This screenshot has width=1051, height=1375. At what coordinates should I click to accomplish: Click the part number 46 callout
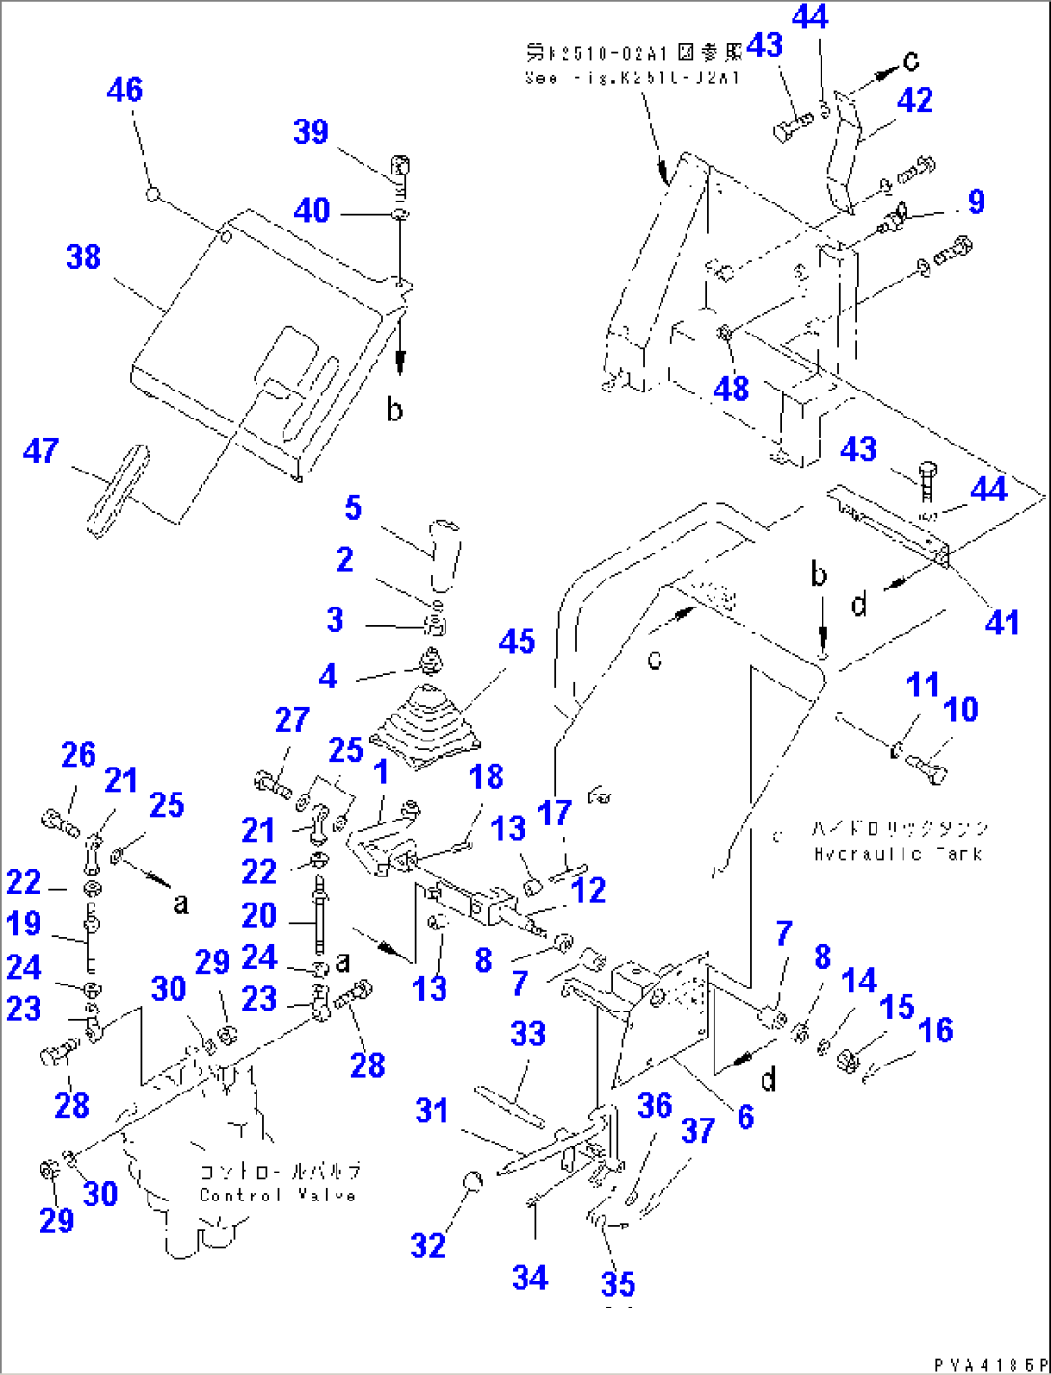pyautogui.click(x=124, y=90)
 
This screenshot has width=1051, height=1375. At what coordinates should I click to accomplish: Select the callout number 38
pyautogui.click(x=84, y=257)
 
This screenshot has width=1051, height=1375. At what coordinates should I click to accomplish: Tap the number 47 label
pyautogui.click(x=40, y=450)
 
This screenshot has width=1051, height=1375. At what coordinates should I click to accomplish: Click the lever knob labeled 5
pyautogui.click(x=445, y=553)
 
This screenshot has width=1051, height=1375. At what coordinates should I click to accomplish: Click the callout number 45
pyautogui.click(x=517, y=641)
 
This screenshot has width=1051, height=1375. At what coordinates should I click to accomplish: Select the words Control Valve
pyautogui.click(x=278, y=1195)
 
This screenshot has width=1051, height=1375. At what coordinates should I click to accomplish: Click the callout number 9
pyautogui.click(x=976, y=202)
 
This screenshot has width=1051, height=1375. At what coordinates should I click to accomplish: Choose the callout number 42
pyautogui.click(x=915, y=100)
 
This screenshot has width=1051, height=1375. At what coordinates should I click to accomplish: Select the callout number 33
pyautogui.click(x=527, y=1035)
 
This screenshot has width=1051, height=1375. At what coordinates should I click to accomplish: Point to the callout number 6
pyautogui.click(x=744, y=1117)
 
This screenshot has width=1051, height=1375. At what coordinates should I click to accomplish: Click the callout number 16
pyautogui.click(x=935, y=1030)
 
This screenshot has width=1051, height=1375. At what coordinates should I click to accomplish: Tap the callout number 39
pyautogui.click(x=310, y=132)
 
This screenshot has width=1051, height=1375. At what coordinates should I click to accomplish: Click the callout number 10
pyautogui.click(x=960, y=710)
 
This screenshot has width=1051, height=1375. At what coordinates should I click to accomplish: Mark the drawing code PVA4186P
pyautogui.click(x=988, y=1364)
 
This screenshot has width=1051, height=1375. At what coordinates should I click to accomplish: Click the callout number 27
pyautogui.click(x=291, y=720)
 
